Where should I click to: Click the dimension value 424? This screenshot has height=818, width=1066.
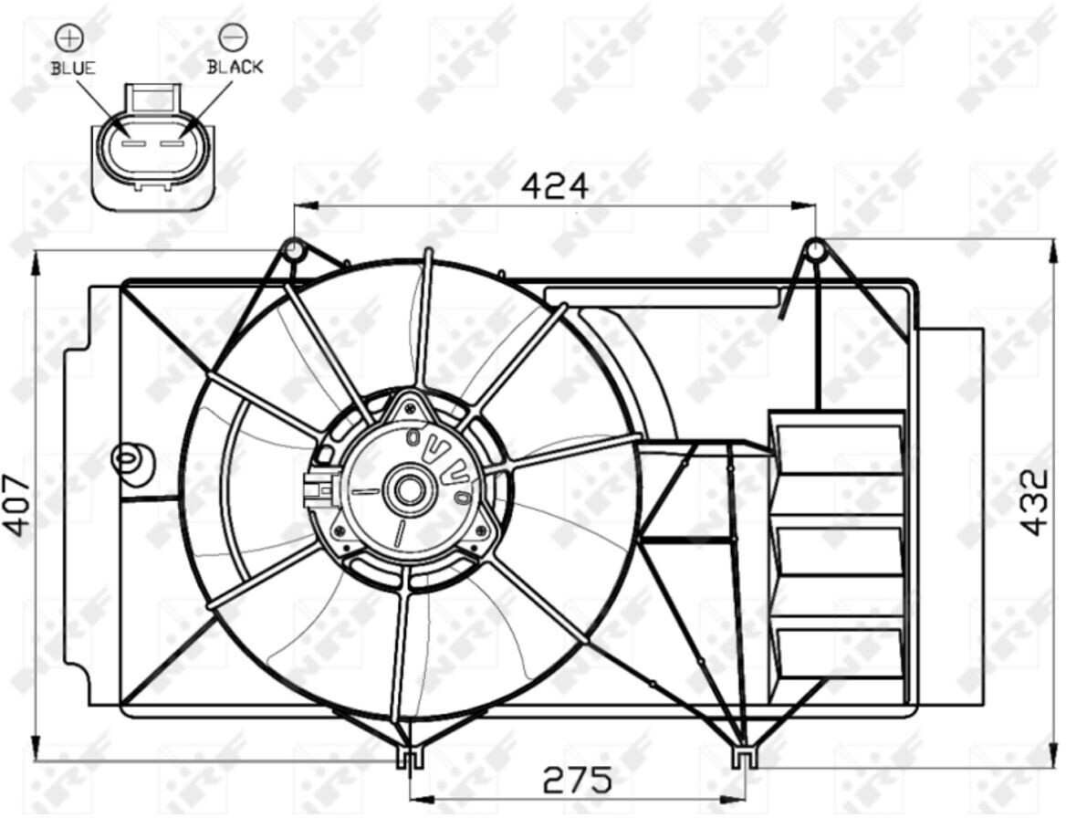[x=554, y=185]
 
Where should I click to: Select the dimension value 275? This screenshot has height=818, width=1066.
[x=577, y=780]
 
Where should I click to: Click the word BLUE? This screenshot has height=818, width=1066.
[x=73, y=68]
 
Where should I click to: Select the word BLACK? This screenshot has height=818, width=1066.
[x=235, y=67]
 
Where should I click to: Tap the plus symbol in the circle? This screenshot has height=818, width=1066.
[x=69, y=38]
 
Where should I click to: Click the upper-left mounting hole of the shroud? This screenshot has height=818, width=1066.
[x=293, y=249]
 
